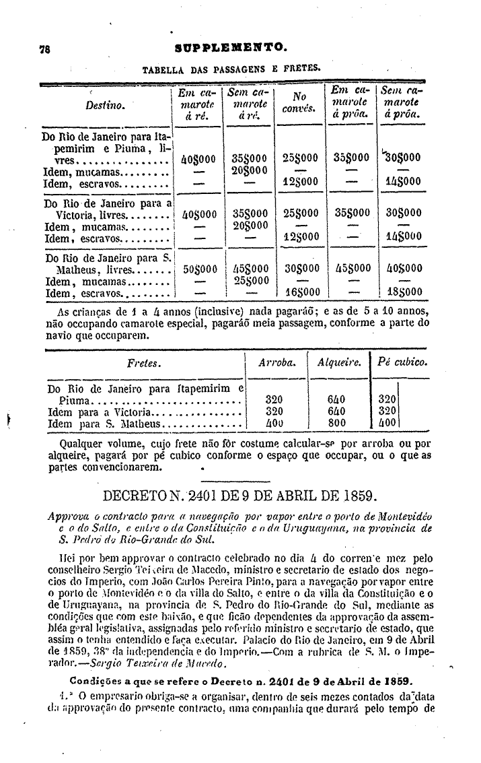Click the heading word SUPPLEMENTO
point(231,48)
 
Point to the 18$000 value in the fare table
point(404,292)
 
